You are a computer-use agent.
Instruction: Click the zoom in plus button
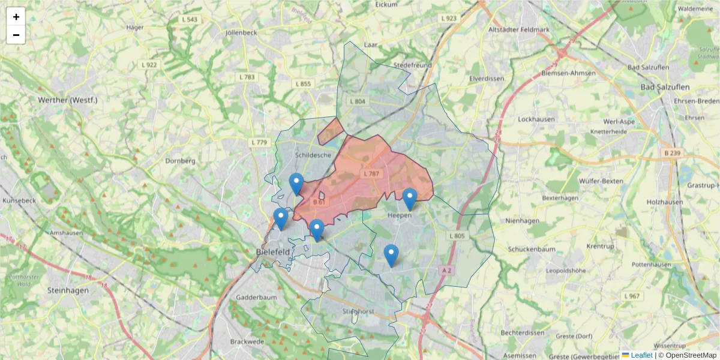[16, 17]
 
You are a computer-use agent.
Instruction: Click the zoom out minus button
[16, 35]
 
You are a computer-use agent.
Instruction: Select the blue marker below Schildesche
[296, 184]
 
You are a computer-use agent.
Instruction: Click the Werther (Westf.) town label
[67, 100]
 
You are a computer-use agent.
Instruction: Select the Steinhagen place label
[68, 290]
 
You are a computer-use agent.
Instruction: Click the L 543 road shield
[190, 20]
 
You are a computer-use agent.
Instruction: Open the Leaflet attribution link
[641, 355]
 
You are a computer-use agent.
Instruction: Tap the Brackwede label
[247, 341]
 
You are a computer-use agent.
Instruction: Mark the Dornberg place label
[181, 161]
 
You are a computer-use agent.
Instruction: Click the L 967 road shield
[632, 296]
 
